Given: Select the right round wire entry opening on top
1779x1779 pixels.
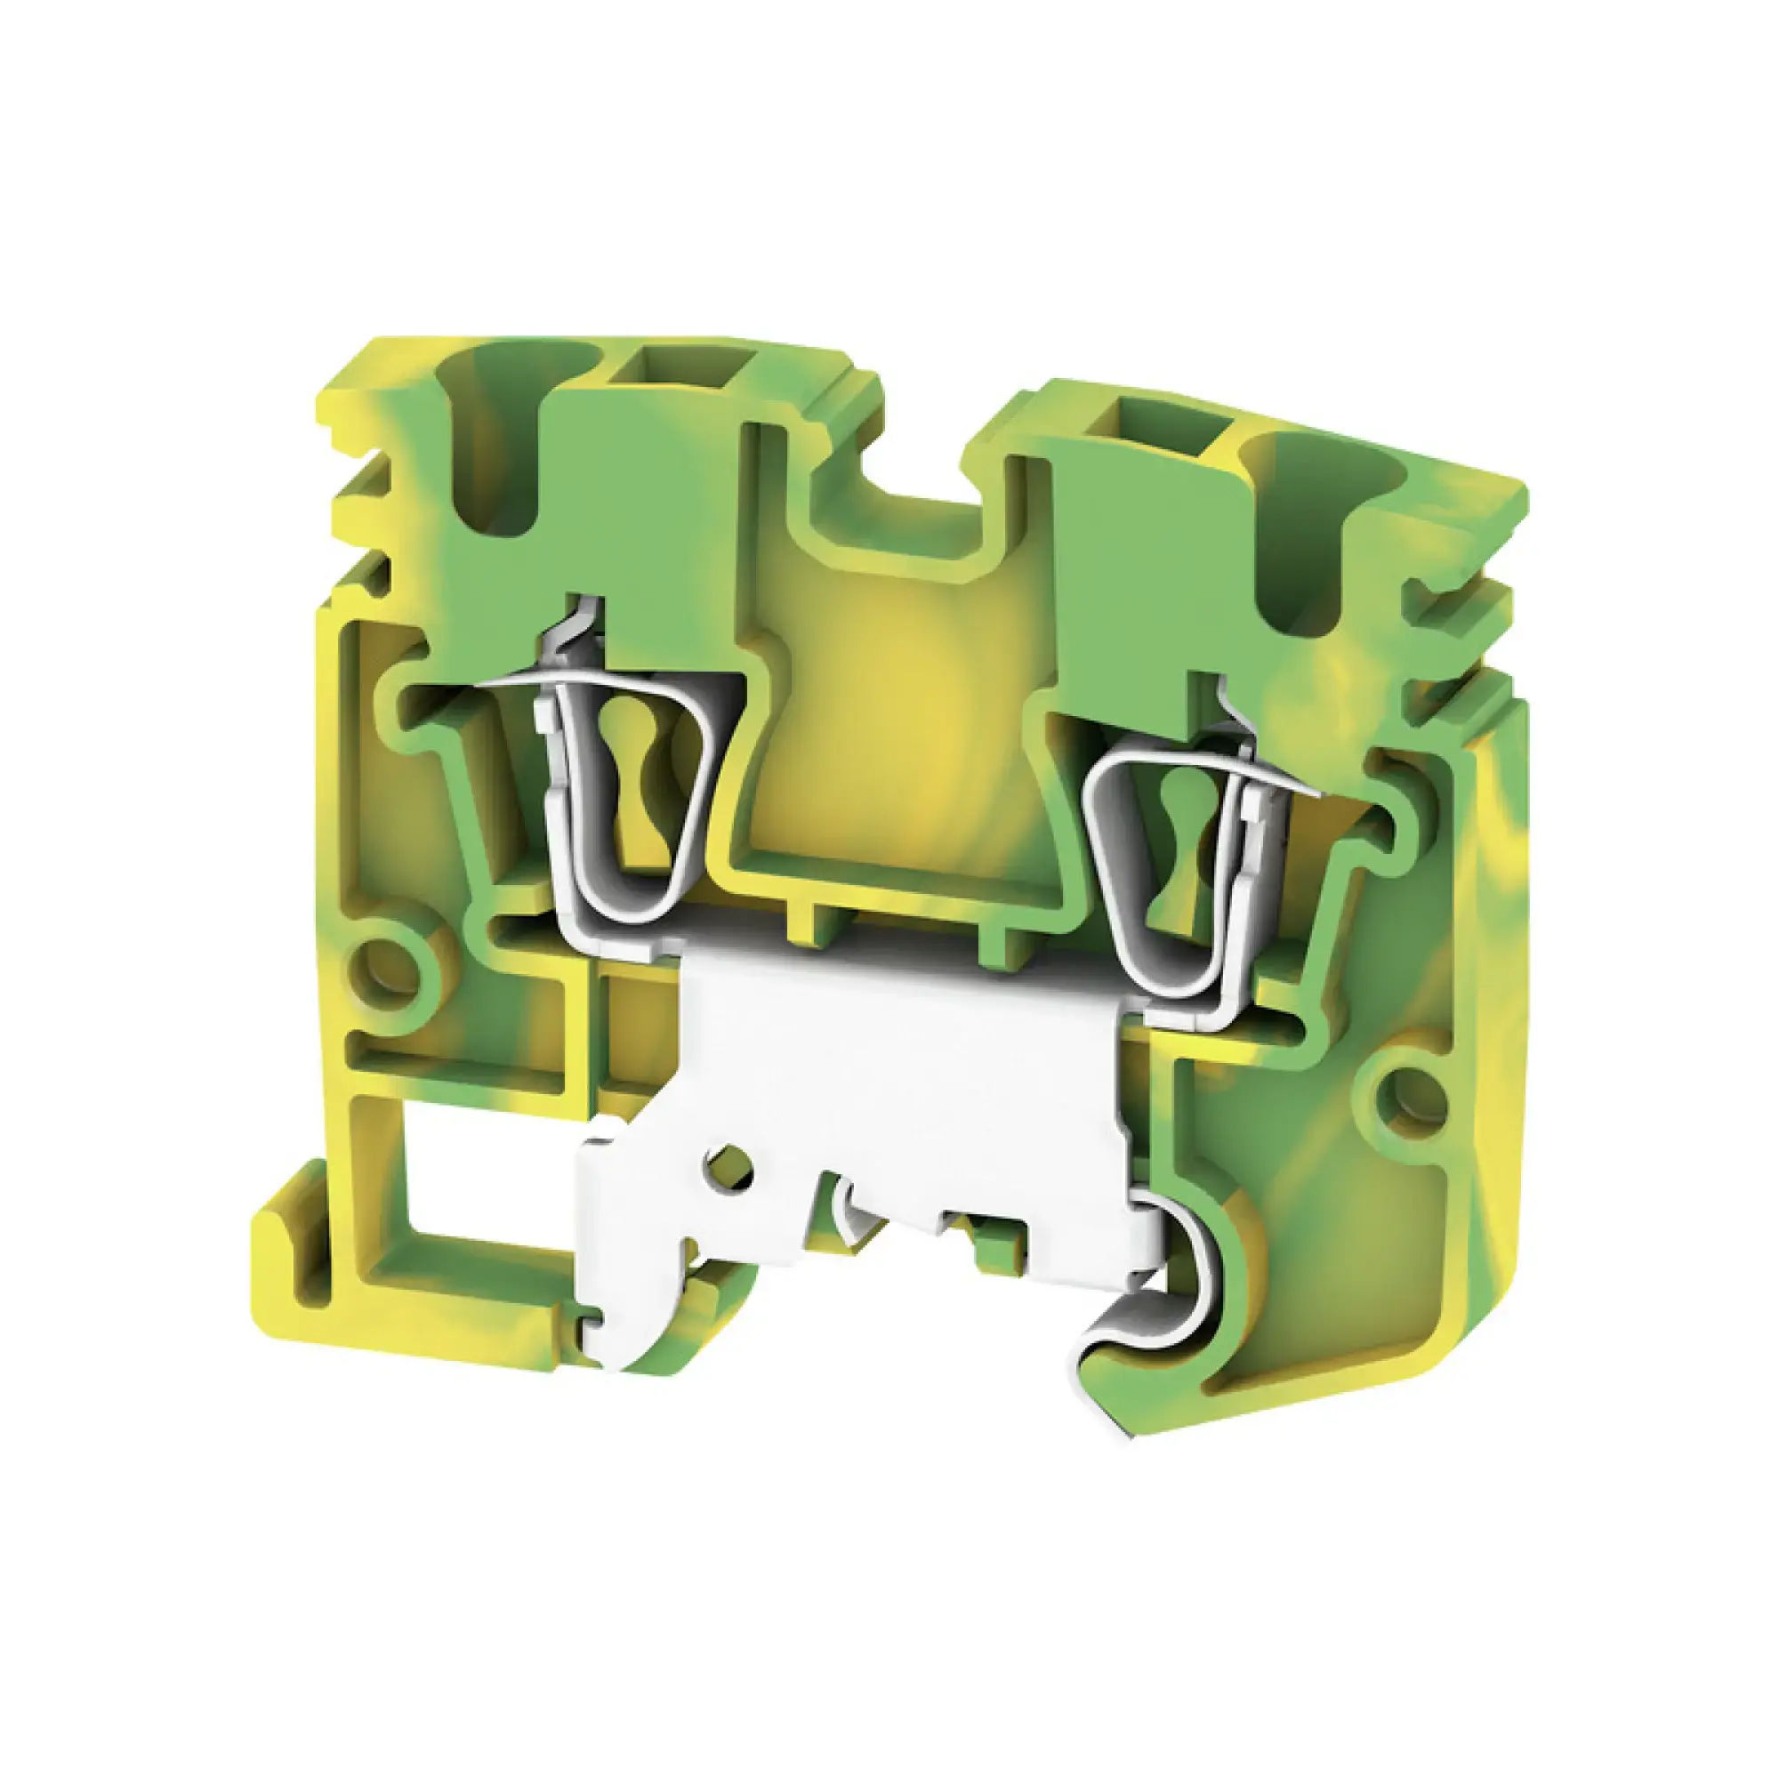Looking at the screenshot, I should click(1289, 525).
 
